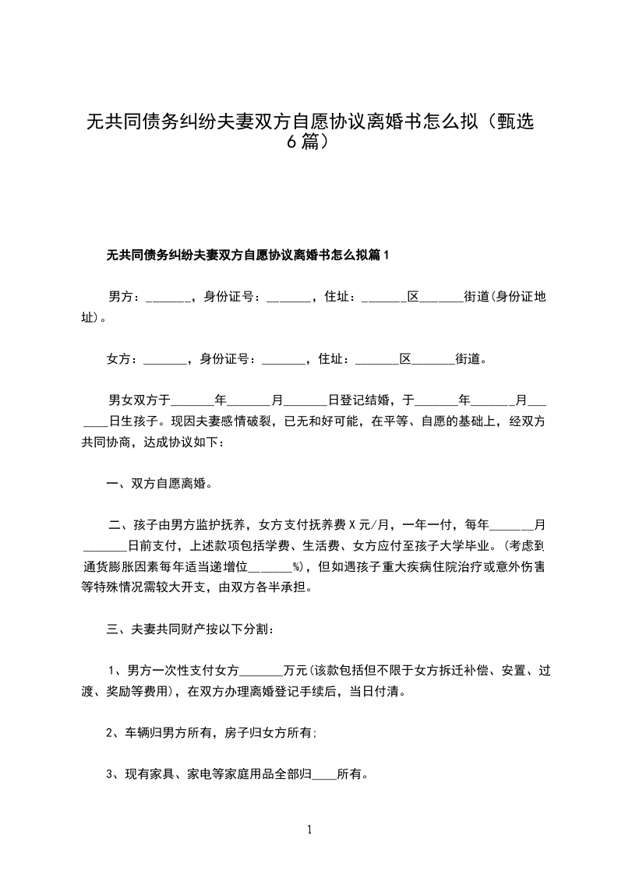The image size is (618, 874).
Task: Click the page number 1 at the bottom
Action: [x=309, y=829]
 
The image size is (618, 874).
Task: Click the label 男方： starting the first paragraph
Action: [x=125, y=296]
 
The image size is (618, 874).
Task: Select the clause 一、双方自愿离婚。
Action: [x=161, y=483]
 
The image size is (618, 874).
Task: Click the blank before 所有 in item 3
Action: [x=323, y=775]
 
